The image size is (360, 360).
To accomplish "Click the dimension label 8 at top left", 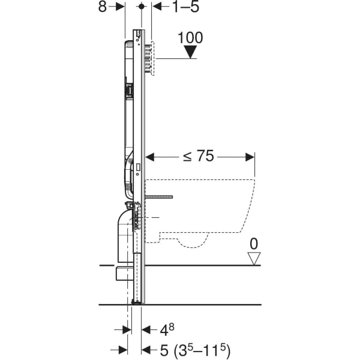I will click(103, 7).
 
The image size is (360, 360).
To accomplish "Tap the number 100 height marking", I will click(190, 38).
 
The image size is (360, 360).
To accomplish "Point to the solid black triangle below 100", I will click(190, 52).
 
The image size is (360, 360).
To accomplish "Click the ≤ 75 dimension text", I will click(198, 157).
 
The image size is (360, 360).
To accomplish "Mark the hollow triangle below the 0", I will click(255, 259).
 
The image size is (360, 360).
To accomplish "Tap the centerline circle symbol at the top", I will click(141, 7).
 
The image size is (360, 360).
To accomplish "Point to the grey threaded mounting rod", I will click(158, 197).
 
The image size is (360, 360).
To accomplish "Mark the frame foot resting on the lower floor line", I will click(138, 302).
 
